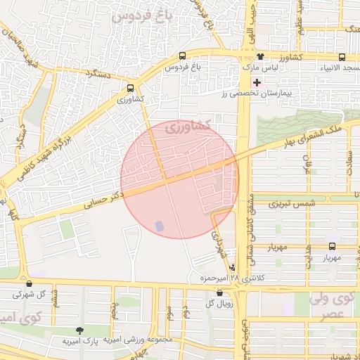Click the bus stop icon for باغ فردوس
coord(183,56)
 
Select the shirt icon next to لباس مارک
coord(261,56)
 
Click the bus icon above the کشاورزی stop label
coord(131,89)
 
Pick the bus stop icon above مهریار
coord(333,247)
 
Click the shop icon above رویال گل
coord(219,292)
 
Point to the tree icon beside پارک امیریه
coord(78,330)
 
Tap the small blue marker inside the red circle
coord(158,226)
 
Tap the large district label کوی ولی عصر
coord(331,307)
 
